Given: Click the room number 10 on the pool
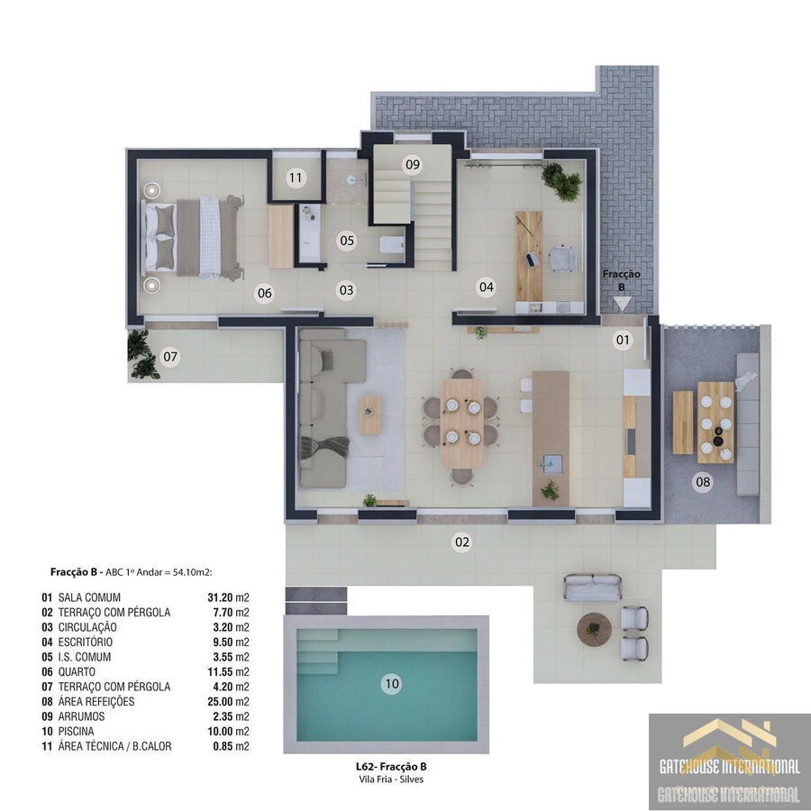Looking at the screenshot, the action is [392, 684].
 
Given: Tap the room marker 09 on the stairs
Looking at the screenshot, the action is [412, 165].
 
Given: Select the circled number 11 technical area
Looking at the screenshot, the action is [296, 178].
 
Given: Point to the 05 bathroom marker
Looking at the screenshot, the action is [347, 241].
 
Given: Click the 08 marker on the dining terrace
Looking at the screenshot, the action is [702, 482].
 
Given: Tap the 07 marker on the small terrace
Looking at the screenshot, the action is [169, 356].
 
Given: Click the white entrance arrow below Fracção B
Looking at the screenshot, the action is [622, 304].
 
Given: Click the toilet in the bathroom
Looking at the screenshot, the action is [392, 244].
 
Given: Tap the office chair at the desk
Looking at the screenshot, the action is [562, 258].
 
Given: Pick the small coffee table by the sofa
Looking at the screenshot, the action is [369, 415].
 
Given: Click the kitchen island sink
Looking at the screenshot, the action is [551, 463].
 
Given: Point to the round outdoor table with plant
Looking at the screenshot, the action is [594, 629].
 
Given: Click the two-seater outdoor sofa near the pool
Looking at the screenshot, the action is [593, 587].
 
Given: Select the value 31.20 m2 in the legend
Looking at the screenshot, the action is [228, 597].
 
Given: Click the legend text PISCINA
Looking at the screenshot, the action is [76, 732].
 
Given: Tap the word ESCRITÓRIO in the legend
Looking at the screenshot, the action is [86, 642].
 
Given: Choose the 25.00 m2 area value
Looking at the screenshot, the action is [228, 701].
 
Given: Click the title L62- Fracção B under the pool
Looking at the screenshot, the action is [391, 767].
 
